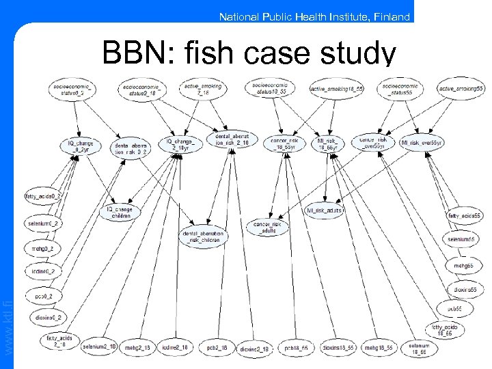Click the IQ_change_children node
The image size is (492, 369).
coord(121,213)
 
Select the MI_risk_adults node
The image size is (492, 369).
coord(324,210)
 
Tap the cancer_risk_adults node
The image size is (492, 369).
coord(267,228)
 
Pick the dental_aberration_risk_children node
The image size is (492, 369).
coord(204,237)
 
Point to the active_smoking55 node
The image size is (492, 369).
coord(461,89)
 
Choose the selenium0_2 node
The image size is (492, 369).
coord(44,223)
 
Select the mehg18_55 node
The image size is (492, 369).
coord(377,348)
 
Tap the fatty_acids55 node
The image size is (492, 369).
coord(465,216)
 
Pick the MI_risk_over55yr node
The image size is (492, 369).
coord(422,143)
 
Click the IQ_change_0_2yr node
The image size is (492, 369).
coord(80,146)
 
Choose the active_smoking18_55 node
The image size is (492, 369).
coord(336,89)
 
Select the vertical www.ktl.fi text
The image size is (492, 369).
coord(8,321)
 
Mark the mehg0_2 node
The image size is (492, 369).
coord(42,249)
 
